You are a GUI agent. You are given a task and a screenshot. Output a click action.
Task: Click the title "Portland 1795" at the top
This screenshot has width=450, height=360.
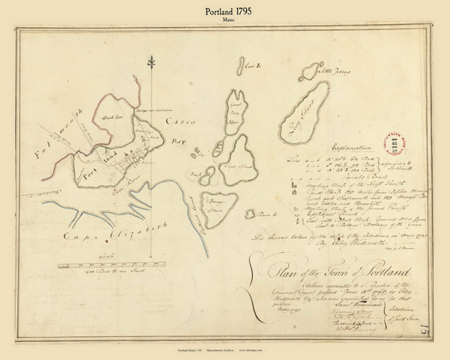224,11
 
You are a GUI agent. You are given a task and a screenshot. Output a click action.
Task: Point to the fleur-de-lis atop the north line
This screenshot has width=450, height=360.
154,61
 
